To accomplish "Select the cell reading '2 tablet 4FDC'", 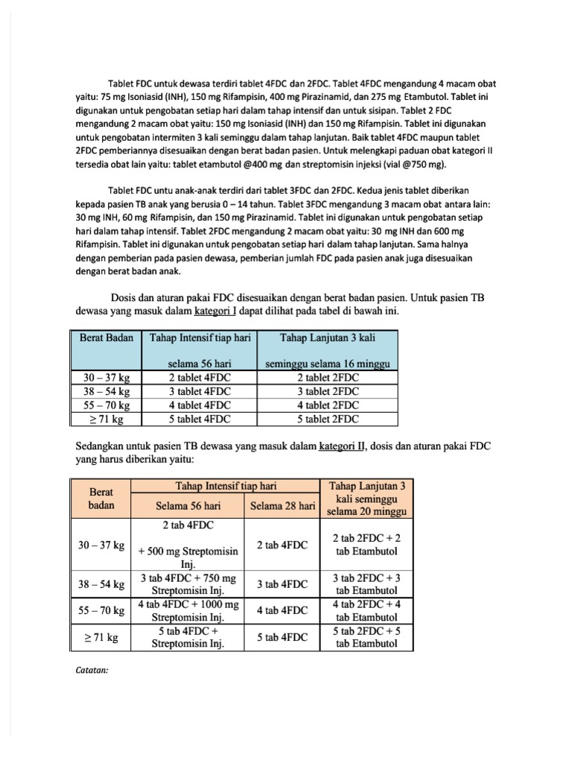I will (200, 378).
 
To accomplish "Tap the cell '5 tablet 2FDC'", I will (328, 420).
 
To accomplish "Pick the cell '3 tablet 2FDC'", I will (328, 391).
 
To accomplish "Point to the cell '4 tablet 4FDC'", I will (200, 405).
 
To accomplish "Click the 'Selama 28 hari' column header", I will (282, 506).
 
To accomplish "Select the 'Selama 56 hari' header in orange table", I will (188, 506).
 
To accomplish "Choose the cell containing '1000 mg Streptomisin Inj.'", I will (188, 610).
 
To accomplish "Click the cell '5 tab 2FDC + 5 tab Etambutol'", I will (366, 637).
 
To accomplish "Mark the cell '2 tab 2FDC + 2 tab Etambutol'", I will (366, 545).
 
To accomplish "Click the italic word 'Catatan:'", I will (92, 669).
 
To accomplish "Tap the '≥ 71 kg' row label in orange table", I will (101, 638).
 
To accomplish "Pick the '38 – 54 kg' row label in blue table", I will (107, 391).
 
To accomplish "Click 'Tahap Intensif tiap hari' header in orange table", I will (226, 486).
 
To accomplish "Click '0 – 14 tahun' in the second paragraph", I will (256, 204).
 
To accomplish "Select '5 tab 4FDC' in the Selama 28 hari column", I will (282, 638).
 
